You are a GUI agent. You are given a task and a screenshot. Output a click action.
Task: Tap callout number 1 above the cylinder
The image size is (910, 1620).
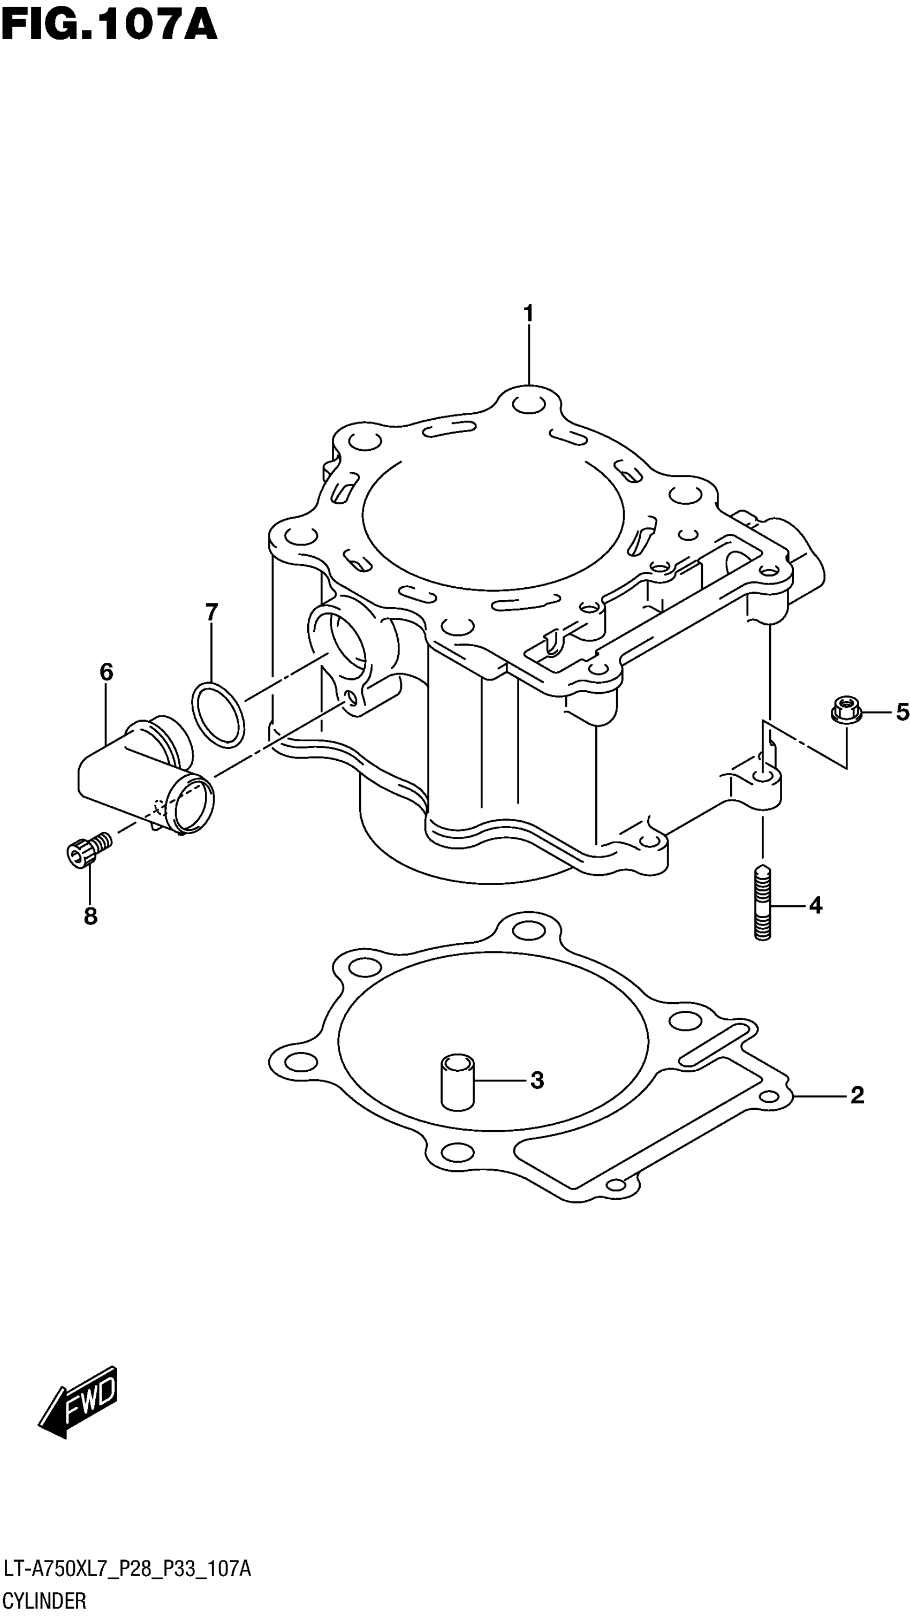528,313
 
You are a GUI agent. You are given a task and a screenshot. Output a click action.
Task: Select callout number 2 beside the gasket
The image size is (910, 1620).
856,1095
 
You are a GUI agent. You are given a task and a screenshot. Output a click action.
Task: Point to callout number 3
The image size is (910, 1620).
536,1080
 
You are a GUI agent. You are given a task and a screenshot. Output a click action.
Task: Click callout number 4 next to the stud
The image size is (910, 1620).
815,906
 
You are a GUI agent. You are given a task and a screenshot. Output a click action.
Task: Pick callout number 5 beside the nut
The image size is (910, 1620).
903,712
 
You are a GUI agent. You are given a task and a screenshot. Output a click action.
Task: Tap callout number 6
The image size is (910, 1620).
107,672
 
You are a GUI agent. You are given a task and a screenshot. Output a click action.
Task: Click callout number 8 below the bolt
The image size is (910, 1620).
90,917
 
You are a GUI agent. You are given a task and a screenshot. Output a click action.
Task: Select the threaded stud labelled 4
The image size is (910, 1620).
762,903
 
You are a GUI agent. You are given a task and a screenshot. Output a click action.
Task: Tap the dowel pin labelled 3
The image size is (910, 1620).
457,1081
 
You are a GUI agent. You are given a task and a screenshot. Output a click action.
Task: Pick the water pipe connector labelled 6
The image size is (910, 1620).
145,780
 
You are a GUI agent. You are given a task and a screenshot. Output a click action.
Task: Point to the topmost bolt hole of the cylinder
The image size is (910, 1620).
528,404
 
